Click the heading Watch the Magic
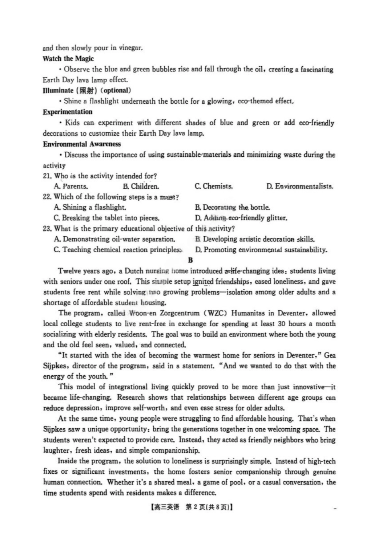68,59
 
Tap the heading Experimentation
68,112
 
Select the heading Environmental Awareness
82,144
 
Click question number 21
47,176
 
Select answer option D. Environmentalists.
300,186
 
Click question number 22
47,197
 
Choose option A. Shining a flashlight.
90,207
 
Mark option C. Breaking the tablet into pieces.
107,218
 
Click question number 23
47,229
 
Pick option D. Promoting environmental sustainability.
261,250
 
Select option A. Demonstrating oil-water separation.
114,239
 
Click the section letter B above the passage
191,260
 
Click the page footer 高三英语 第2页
192,507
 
